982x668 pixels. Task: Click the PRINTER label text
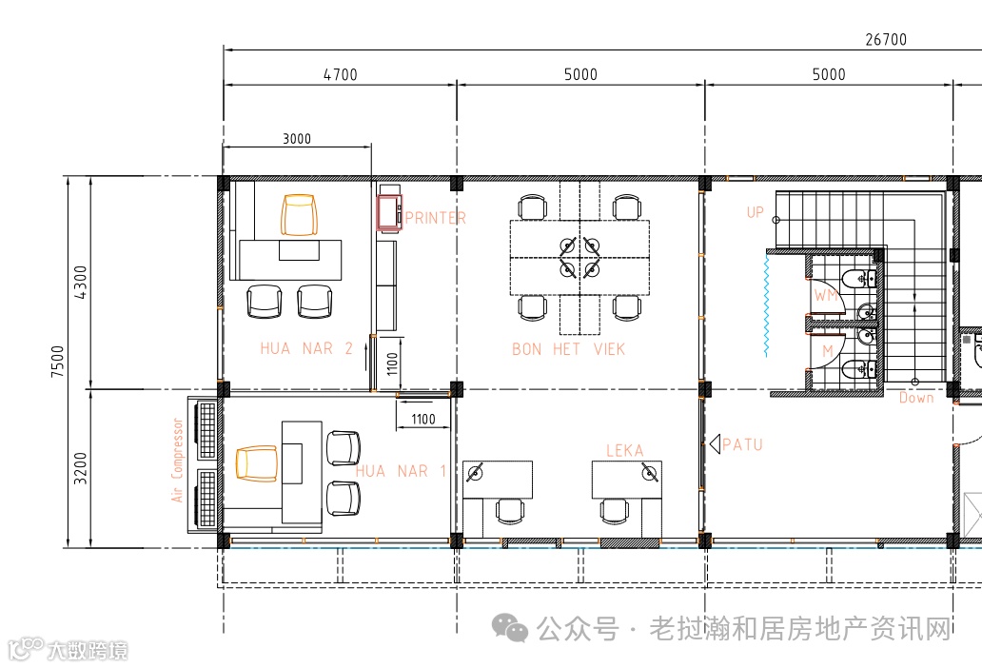pos(435,218)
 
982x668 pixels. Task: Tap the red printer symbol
pos(389,212)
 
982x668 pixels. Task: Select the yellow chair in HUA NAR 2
pos(299,215)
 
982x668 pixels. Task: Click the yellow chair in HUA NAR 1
pos(257,463)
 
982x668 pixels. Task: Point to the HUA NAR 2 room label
pos(306,348)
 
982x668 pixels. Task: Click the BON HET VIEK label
pos(568,348)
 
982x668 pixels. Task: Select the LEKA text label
pos(624,450)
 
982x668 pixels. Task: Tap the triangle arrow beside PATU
pos(716,443)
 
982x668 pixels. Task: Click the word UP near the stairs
pos(755,212)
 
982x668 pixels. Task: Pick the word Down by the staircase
pos(916,398)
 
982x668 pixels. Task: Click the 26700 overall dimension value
pos(886,39)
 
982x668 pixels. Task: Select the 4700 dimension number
pos(340,74)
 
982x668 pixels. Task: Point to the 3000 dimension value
pos(296,138)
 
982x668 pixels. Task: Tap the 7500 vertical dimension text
pos(58,362)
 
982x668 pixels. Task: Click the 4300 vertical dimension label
pos(81,283)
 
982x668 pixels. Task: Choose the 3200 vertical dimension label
pos(80,468)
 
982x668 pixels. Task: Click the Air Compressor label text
pos(177,461)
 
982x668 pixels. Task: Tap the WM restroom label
pos(825,295)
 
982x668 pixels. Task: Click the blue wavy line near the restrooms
pos(767,305)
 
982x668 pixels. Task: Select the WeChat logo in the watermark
pos(510,628)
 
